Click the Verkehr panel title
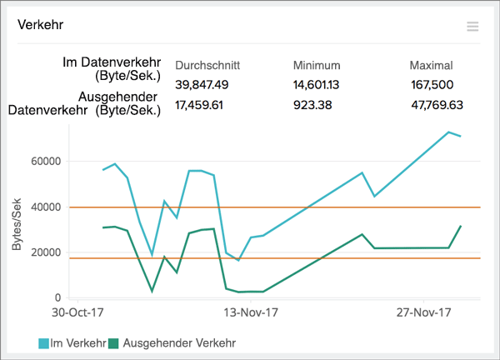[41, 25]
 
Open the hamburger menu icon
[472, 27]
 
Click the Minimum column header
[317, 65]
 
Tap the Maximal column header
[431, 65]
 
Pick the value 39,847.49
[202, 85]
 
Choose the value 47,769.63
[437, 105]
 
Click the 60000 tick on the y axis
[47, 162]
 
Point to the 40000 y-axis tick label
[47, 207]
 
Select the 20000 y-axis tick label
[47, 252]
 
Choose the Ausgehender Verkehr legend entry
[173, 342]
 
